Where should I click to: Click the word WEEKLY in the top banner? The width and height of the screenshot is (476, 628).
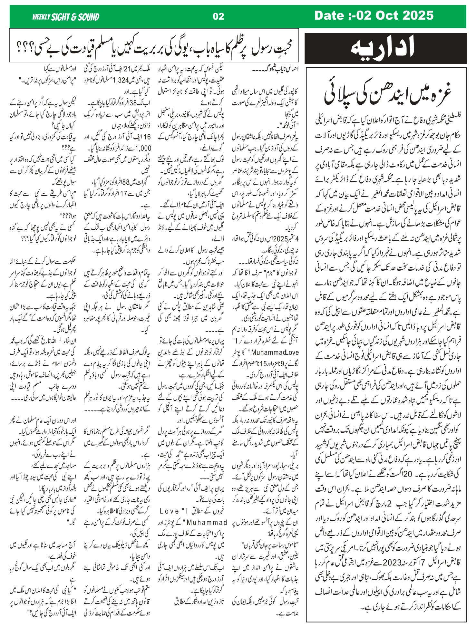41,17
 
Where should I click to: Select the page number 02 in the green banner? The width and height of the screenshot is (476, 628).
218,16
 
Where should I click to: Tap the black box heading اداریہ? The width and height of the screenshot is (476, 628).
385,48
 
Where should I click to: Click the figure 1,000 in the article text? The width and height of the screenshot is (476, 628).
143,148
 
